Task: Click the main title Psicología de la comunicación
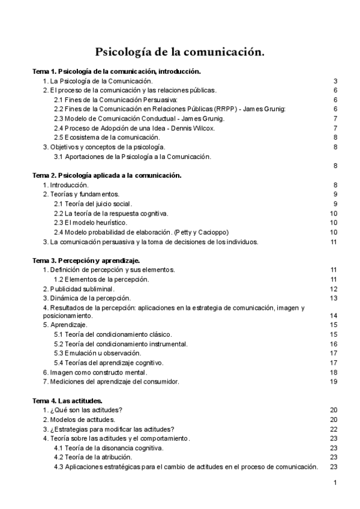click(180, 53)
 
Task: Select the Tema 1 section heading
click(116, 71)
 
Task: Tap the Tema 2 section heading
click(107, 175)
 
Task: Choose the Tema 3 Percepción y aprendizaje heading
click(86, 261)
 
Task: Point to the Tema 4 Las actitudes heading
click(67, 400)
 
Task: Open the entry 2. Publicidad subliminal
click(79, 289)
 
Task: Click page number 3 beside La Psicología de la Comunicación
click(336, 81)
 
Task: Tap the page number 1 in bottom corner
click(335, 483)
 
